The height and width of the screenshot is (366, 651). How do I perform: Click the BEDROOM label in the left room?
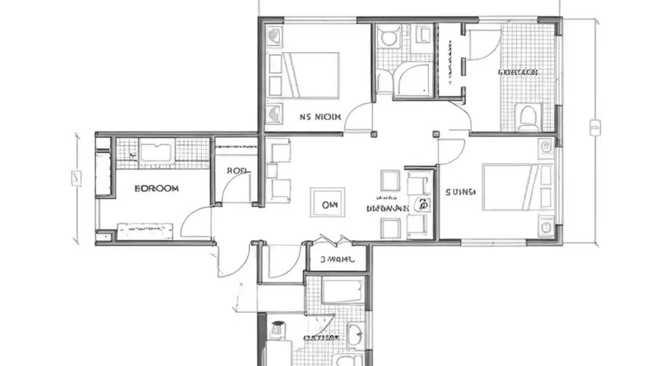tap(157, 189)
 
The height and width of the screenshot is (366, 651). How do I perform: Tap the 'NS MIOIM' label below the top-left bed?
tap(320, 116)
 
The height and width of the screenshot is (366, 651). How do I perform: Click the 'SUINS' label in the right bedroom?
tap(460, 192)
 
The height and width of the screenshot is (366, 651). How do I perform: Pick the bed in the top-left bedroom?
tap(311, 75)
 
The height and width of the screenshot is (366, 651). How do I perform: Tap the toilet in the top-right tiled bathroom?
tap(528, 118)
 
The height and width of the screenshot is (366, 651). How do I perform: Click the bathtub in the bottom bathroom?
tap(342, 291)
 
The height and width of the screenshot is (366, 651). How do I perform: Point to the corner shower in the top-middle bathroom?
tap(414, 80)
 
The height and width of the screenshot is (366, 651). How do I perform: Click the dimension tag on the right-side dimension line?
tap(595, 127)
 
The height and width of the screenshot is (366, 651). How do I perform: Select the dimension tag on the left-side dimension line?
tap(76, 178)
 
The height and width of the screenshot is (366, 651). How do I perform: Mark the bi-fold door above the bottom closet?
tap(334, 240)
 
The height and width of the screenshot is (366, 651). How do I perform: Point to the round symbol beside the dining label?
tap(422, 205)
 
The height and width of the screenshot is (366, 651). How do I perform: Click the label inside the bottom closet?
tap(336, 260)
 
